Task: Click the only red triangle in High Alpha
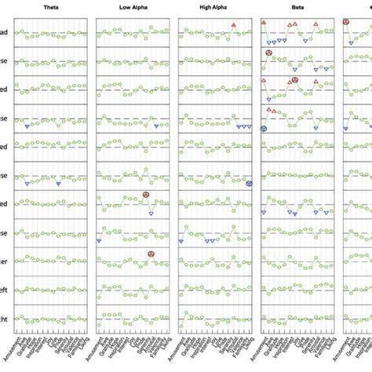click(x=234, y=25)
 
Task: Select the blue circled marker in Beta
click(x=264, y=129)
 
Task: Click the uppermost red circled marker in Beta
click(x=268, y=53)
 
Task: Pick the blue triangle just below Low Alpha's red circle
click(x=151, y=213)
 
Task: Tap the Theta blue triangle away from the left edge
click(x=59, y=184)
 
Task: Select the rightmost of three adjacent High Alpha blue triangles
click(x=250, y=127)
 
